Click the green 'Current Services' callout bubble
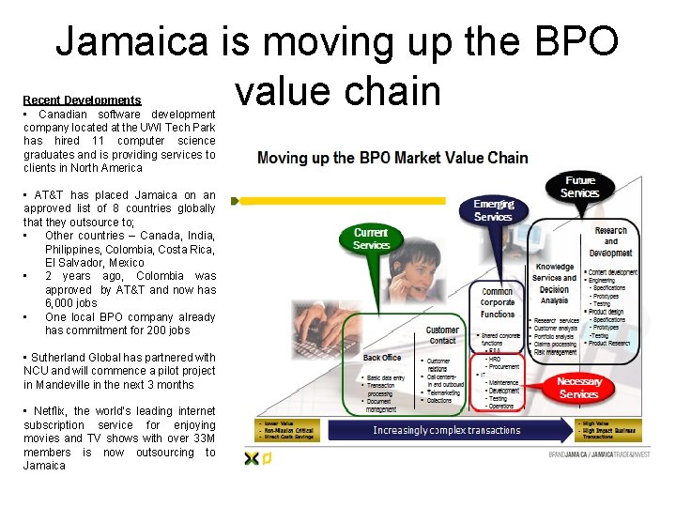click(x=372, y=238)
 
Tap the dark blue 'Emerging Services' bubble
click(x=493, y=209)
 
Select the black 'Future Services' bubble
click(x=579, y=186)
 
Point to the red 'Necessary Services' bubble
click(x=578, y=388)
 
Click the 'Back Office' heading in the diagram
click(x=382, y=358)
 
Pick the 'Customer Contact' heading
click(x=442, y=335)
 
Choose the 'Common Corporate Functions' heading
click(x=497, y=302)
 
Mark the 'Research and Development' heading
click(x=610, y=241)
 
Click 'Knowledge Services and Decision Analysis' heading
click(x=555, y=284)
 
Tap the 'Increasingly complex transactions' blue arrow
click(x=446, y=430)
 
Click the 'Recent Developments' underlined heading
click(x=82, y=100)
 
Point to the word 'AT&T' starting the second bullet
click(x=47, y=195)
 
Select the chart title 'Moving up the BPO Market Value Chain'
click(x=392, y=158)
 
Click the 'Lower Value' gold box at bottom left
click(x=287, y=430)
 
